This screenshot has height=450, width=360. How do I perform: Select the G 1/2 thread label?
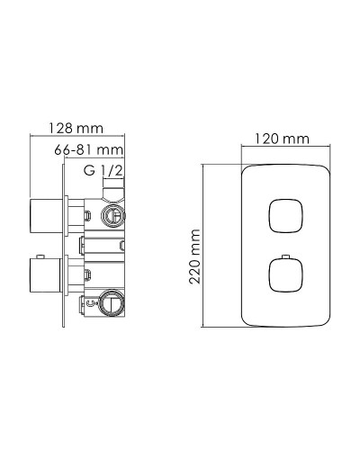(101, 169)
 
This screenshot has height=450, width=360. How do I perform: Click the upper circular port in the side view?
(113, 214)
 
